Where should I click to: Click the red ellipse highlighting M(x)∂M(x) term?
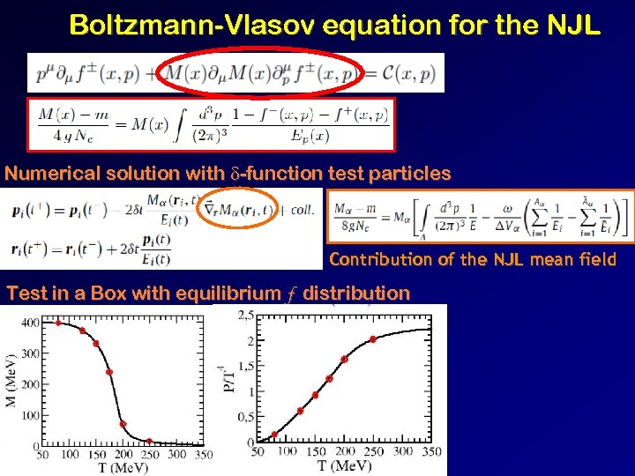[259, 72]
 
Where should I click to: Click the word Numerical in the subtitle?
[54, 174]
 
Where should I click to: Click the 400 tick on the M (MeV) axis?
[31, 324]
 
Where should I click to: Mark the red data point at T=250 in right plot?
[373, 339]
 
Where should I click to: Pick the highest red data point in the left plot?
[58, 323]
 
